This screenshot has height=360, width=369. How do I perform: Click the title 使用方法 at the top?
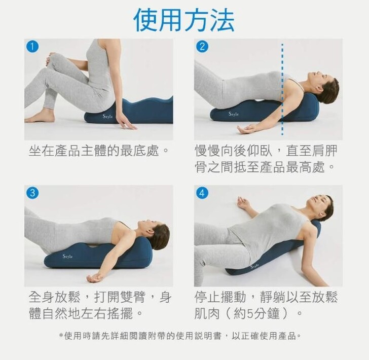pos(184,20)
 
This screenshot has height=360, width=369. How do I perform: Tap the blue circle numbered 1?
pos(32,47)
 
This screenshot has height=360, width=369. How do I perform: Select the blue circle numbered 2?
pos(202,47)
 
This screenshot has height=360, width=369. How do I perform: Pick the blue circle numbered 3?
pos(32,193)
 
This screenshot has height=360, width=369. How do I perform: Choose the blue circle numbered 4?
pos(202,193)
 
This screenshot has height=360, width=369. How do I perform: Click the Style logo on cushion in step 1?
pos(108,116)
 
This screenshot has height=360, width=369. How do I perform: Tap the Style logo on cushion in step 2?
pos(234,114)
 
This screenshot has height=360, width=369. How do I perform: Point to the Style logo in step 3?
pos(67,256)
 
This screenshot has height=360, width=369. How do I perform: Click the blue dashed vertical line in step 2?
pos(282,89)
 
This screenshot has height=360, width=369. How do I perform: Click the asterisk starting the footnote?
pos(61,336)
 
